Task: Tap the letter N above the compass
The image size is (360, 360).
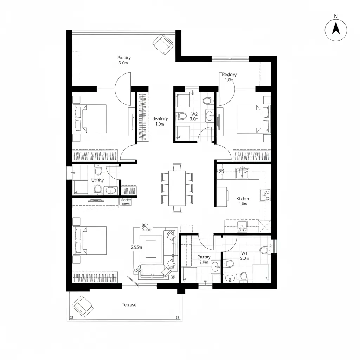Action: [336, 16]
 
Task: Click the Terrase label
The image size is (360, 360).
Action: [129, 304]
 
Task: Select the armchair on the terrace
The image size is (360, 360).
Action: [83, 306]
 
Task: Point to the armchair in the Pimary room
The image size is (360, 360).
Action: [163, 44]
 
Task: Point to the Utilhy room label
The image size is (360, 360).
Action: [98, 180]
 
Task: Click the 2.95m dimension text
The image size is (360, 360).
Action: [136, 247]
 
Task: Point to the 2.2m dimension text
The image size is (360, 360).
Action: [147, 229]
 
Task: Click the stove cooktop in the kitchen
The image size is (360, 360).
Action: [265, 194]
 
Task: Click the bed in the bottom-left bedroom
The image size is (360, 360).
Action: [90, 240]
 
